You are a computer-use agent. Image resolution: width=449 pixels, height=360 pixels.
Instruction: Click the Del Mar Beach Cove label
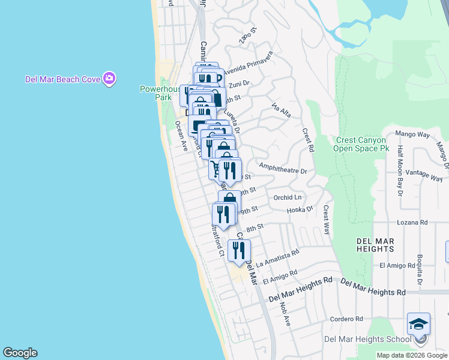click(x=62, y=79)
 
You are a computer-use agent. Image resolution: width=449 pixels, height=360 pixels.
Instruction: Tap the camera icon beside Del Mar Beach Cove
click(x=109, y=78)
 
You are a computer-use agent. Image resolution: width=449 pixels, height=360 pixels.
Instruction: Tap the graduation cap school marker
click(x=418, y=325)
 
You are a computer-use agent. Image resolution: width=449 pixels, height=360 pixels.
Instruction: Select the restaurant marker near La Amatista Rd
click(x=239, y=250)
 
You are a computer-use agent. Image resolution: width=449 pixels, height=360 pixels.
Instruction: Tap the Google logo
click(x=20, y=353)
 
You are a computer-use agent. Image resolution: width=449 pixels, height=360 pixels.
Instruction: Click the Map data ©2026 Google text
click(x=412, y=355)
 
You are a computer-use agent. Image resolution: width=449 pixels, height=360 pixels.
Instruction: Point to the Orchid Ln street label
click(x=287, y=197)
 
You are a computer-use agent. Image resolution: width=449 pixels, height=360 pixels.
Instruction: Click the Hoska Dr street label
click(x=300, y=209)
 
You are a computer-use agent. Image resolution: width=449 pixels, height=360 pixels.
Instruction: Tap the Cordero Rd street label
click(x=346, y=319)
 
